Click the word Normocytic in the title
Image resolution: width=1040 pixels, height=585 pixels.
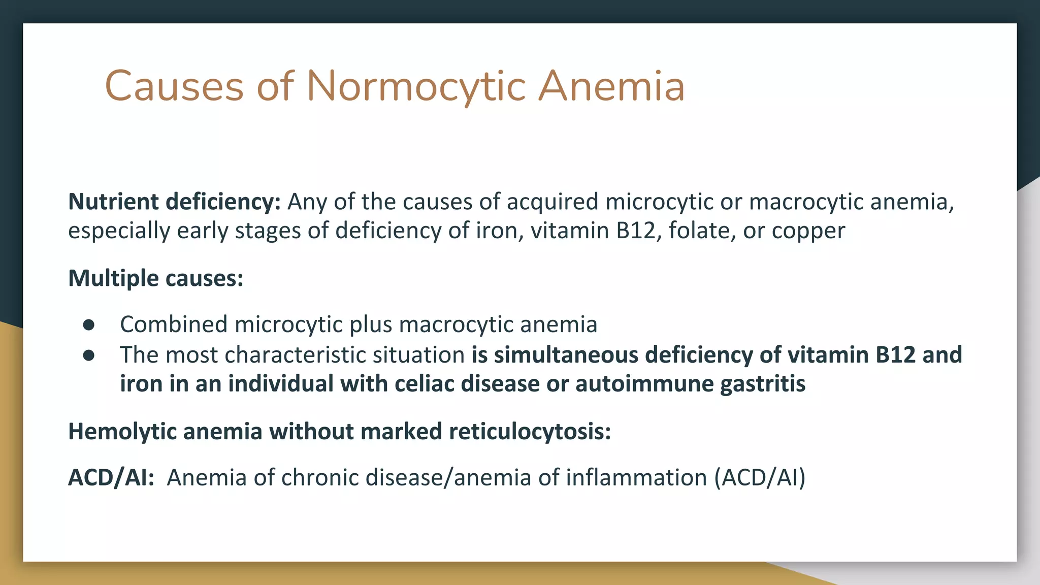[x=416, y=86]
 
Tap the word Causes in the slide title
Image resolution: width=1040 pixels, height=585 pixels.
[x=174, y=86]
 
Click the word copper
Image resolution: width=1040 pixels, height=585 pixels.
[x=808, y=231]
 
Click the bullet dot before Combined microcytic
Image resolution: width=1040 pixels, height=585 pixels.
[x=89, y=325]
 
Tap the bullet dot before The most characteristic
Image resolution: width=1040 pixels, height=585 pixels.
[x=89, y=355]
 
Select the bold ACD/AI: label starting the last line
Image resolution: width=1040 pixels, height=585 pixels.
[x=111, y=477]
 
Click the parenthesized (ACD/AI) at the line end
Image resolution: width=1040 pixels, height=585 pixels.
[x=760, y=477]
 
